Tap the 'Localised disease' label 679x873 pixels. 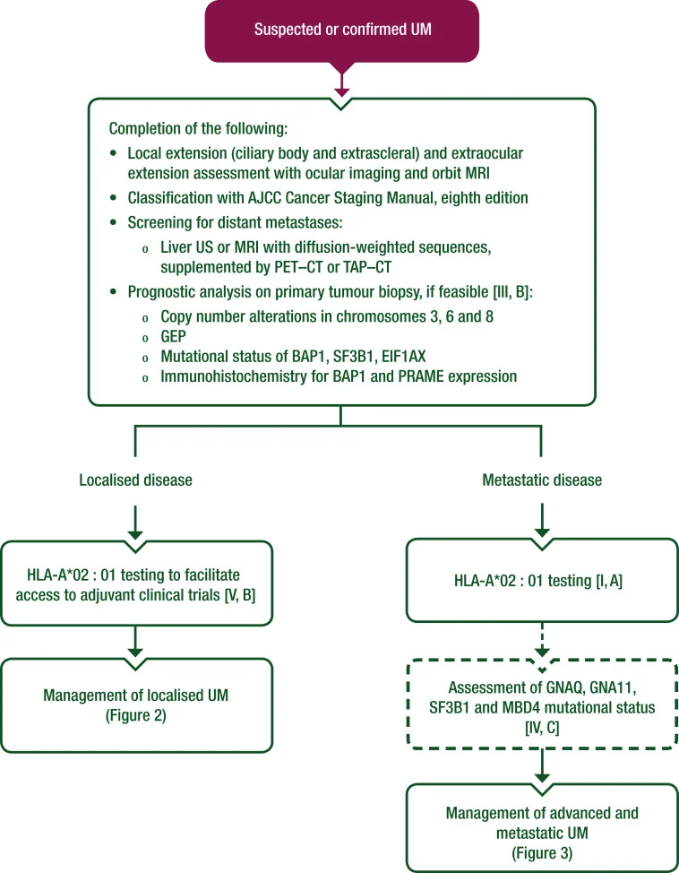click(x=134, y=480)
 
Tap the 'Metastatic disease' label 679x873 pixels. click(x=541, y=480)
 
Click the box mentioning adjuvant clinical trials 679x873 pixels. click(x=134, y=582)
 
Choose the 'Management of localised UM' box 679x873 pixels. click(x=134, y=704)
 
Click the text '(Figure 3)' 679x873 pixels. click(x=541, y=847)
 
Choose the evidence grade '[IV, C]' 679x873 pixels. click(x=541, y=727)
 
